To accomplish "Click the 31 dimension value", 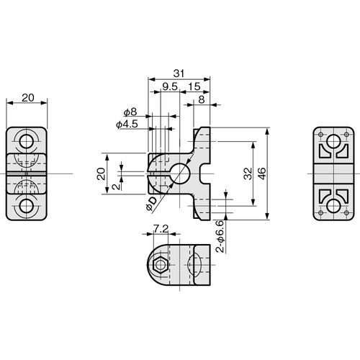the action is coord(179,73).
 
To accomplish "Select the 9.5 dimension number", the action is coord(170,86).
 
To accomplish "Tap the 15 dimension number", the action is coord(194,86).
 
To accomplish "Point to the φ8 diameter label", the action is coord(130,112).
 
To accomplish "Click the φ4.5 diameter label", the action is coord(127,125).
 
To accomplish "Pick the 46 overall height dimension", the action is coord(262,174).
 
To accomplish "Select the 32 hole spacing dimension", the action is coord(248,174).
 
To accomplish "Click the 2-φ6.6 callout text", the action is coord(220,236).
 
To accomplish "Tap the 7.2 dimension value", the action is coord(161,229).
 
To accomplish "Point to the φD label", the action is coord(151,204).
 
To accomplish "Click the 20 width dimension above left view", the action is coord(28,98).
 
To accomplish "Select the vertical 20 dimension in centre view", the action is coord(102,174).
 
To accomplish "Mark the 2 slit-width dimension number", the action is coord(117,186).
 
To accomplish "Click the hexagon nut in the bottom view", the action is coord(160,265).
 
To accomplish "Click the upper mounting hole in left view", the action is coord(26,142).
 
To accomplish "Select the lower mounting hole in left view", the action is coord(26,206).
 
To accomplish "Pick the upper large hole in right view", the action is coord(333,141).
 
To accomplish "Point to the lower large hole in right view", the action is coord(333,206).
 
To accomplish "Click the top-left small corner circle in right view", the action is coord(320,135).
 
